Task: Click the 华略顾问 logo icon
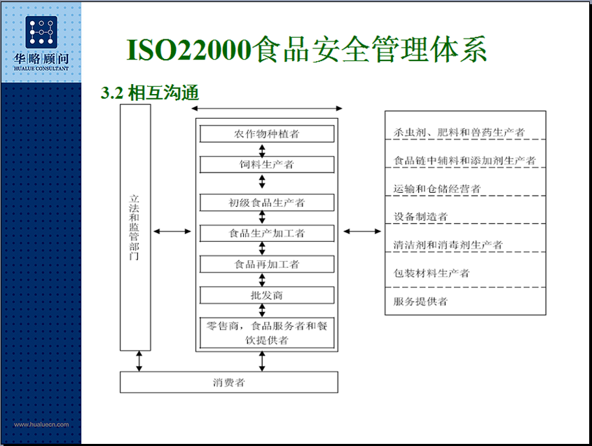(x=41, y=32)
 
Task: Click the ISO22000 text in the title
(x=189, y=50)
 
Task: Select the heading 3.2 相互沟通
(x=149, y=93)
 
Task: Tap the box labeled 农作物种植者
(x=267, y=134)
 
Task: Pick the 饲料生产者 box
(x=267, y=164)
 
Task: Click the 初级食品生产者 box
(x=267, y=203)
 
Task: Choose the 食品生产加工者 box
(x=267, y=234)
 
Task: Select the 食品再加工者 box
(x=267, y=264)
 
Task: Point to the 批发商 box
(x=267, y=295)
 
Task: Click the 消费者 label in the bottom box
(x=229, y=382)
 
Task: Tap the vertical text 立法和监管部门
(x=134, y=227)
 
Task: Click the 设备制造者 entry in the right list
(x=420, y=217)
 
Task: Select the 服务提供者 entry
(x=420, y=302)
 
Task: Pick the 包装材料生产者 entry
(x=432, y=273)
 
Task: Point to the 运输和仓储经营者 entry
(x=437, y=189)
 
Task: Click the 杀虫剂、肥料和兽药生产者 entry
(x=459, y=133)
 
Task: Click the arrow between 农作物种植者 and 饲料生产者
(x=262, y=151)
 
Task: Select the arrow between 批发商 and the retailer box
(x=262, y=311)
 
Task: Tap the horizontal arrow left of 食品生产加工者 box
(x=172, y=231)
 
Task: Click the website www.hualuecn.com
(x=41, y=424)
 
